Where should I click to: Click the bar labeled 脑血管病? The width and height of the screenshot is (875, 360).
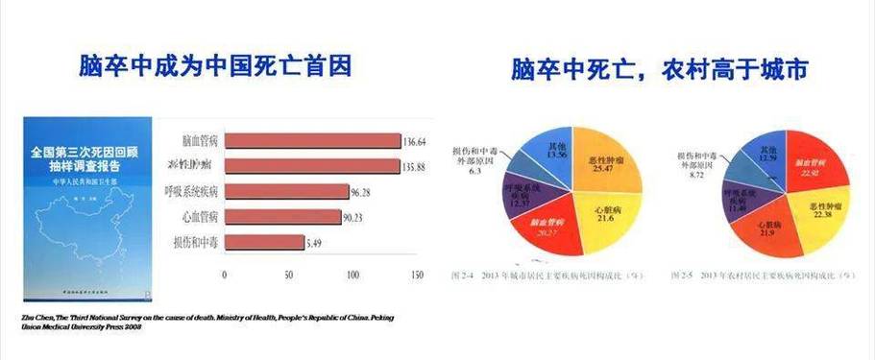311,141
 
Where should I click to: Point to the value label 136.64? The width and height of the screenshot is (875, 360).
416,140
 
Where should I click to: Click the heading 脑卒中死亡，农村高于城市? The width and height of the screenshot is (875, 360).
658,72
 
